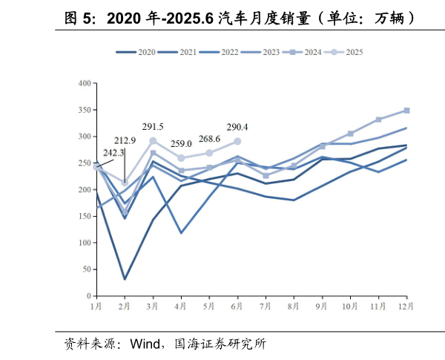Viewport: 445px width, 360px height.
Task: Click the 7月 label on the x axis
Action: point(266,305)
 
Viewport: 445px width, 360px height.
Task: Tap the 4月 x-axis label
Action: point(181,305)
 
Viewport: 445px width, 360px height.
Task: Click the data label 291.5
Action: point(153,127)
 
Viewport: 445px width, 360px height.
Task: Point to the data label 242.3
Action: point(113,153)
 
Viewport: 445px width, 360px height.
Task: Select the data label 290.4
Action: point(237,127)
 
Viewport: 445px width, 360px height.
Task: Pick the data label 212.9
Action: point(125,140)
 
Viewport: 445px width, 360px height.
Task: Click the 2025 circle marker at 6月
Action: point(237,141)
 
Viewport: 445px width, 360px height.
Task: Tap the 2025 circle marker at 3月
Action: point(153,140)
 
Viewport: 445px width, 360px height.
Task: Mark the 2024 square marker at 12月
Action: point(406,111)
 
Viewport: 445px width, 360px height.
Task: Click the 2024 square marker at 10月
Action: point(350,134)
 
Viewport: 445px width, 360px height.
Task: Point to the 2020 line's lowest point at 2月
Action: point(125,279)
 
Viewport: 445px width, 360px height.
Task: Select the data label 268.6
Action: point(210,139)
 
